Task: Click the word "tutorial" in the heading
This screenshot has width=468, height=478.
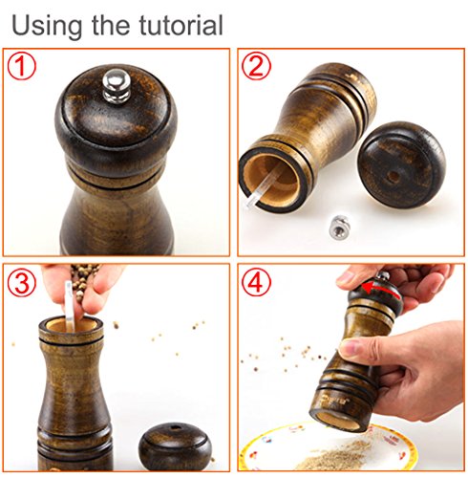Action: tap(181, 25)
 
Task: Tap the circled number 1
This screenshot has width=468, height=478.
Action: tap(22, 66)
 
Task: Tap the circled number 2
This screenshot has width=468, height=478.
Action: tap(256, 66)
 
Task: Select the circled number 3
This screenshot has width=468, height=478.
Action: tap(22, 282)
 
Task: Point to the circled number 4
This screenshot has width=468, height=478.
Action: tap(256, 282)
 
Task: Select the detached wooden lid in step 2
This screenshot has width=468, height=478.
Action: tap(401, 164)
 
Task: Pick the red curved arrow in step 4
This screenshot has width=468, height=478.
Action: tap(380, 289)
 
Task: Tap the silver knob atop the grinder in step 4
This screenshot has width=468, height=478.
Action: tap(383, 276)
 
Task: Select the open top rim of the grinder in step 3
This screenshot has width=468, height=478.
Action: tap(71, 328)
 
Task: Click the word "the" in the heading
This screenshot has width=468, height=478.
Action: tap(110, 25)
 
